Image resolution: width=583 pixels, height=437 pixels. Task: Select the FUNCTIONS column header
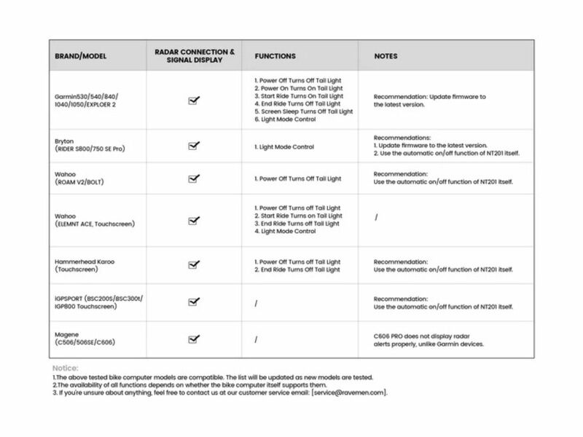pyautogui.click(x=275, y=56)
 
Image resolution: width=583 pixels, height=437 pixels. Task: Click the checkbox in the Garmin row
pyautogui.click(x=194, y=101)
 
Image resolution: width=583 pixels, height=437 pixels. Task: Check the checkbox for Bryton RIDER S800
pyautogui.click(x=194, y=146)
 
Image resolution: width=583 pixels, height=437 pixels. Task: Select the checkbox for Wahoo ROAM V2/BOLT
pyautogui.click(x=194, y=178)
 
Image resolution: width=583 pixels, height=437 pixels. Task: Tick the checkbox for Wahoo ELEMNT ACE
pyautogui.click(x=194, y=220)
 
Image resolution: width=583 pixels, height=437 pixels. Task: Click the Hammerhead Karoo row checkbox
pyautogui.click(x=194, y=265)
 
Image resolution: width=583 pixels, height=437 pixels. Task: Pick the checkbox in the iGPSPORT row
pyautogui.click(x=194, y=302)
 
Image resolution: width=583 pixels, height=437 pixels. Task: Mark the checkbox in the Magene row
pyautogui.click(x=194, y=339)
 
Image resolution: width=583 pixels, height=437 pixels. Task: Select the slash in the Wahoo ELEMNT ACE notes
pyautogui.click(x=376, y=216)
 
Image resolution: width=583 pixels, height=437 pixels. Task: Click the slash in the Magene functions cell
pyautogui.click(x=257, y=339)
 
